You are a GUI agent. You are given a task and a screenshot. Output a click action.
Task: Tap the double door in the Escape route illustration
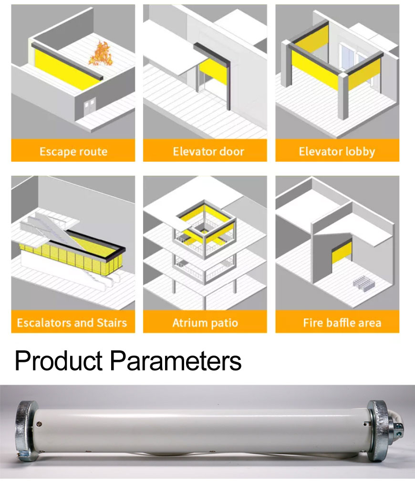pyautogui.click(x=90, y=106)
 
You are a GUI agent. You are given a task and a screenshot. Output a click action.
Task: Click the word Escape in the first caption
pyautogui.click(x=57, y=152)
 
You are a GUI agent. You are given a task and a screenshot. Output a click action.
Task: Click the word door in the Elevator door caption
pyautogui.click(x=232, y=151)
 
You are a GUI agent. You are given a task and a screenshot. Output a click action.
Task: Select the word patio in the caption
pyautogui.click(x=224, y=323)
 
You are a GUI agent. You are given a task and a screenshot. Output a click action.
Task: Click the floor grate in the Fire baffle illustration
pyautogui.click(x=364, y=282)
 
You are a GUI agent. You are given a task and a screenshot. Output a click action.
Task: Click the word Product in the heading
pyautogui.click(x=59, y=360)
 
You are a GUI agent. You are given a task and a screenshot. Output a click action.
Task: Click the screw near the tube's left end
pyautogui.click(x=39, y=424)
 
